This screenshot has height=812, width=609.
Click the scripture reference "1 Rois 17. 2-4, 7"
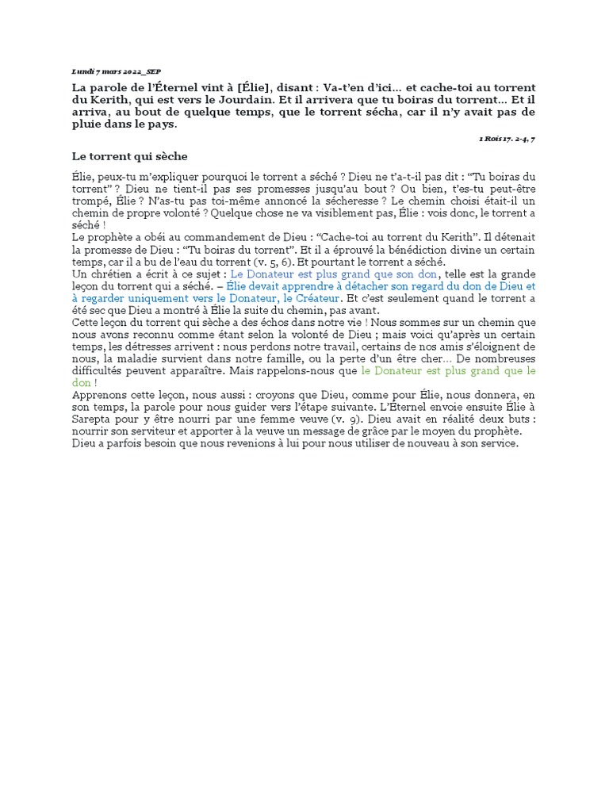point(507,139)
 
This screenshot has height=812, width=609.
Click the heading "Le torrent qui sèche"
point(129,156)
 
